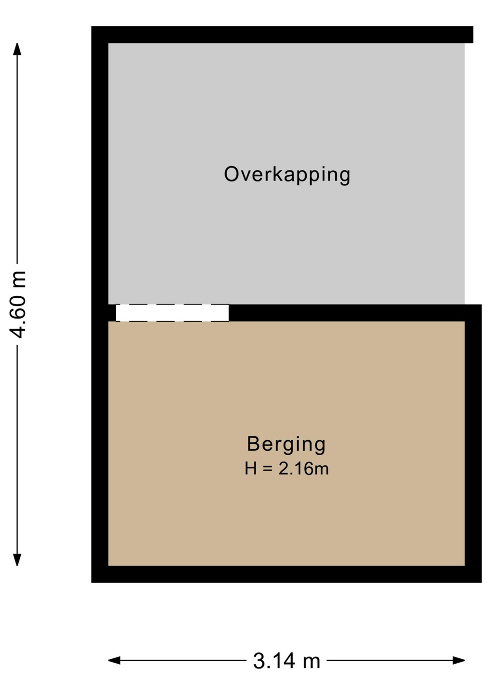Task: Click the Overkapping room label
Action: coord(287,175)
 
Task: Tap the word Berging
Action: coord(286,445)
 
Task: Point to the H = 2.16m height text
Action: coord(286,469)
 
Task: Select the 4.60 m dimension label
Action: coord(17,305)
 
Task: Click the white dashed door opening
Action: coord(172,313)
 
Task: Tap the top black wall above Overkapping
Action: coord(282,35)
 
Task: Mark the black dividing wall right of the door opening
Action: coord(355,313)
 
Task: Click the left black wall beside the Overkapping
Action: coord(100,174)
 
